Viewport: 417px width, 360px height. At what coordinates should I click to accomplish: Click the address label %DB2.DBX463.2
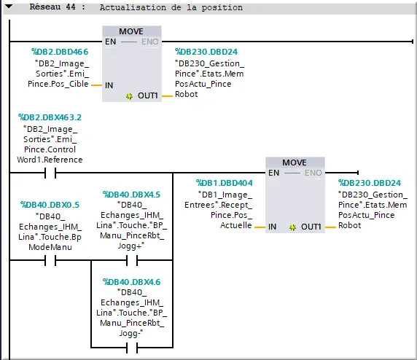pos(50,117)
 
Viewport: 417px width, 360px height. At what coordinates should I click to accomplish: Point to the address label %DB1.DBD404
pos(225,183)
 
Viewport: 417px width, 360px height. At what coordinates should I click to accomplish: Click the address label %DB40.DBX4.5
pos(132,195)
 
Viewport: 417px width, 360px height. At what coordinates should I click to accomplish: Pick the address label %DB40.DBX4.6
pos(132,281)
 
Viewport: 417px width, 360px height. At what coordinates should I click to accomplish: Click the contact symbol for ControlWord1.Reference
pos(50,173)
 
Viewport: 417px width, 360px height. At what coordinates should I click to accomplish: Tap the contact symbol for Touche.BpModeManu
pos(50,260)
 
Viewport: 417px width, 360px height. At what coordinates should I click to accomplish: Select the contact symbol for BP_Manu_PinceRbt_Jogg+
pos(132,260)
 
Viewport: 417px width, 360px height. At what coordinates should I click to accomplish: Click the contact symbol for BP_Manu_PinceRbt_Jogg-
pos(132,347)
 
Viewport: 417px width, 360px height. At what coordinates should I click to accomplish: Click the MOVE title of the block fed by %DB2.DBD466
pos(131,31)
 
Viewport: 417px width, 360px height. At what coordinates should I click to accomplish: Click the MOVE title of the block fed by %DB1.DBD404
pos(295,162)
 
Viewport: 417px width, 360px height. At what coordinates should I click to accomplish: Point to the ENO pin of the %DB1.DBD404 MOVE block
pos(312,173)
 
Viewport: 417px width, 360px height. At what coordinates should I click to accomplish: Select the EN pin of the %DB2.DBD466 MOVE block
pos(111,42)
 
